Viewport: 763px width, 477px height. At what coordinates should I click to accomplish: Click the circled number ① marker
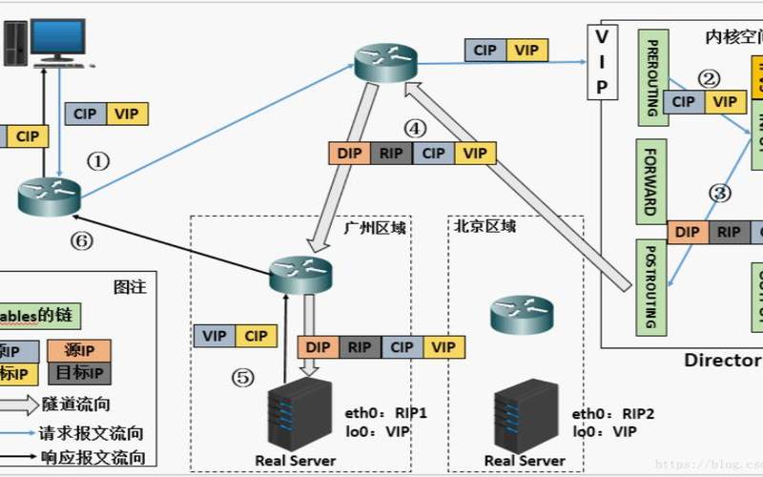[x=99, y=161]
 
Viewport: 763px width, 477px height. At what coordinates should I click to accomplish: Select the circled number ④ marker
[x=413, y=127]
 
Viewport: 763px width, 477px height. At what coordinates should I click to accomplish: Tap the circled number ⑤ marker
[x=244, y=378]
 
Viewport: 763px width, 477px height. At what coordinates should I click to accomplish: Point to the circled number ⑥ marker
[x=83, y=241]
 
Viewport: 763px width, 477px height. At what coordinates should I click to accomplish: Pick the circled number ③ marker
[x=720, y=192]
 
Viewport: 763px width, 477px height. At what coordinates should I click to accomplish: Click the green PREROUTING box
[x=652, y=78]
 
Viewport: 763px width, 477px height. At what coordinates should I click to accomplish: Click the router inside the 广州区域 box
[x=299, y=274]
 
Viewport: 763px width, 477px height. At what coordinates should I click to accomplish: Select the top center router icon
[x=386, y=62]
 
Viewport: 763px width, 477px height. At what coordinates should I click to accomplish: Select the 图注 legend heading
[x=129, y=285]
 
